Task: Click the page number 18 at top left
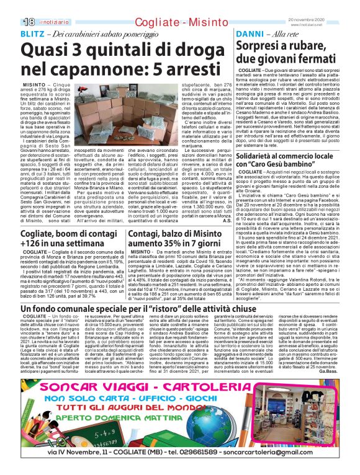point(12,22)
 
